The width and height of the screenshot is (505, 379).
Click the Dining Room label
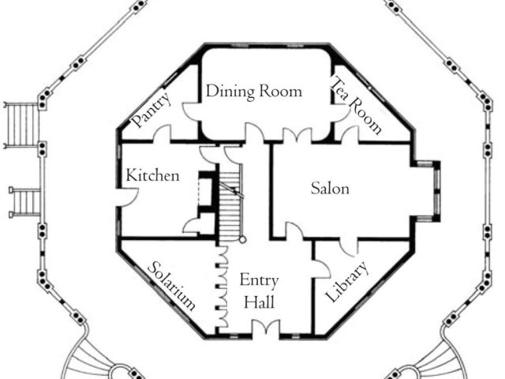[x=253, y=92]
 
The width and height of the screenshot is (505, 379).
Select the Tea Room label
[x=356, y=107]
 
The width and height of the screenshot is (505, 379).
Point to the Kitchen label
[x=152, y=175]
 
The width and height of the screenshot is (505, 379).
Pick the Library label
[x=346, y=284]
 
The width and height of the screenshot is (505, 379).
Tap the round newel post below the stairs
[x=243, y=238]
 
